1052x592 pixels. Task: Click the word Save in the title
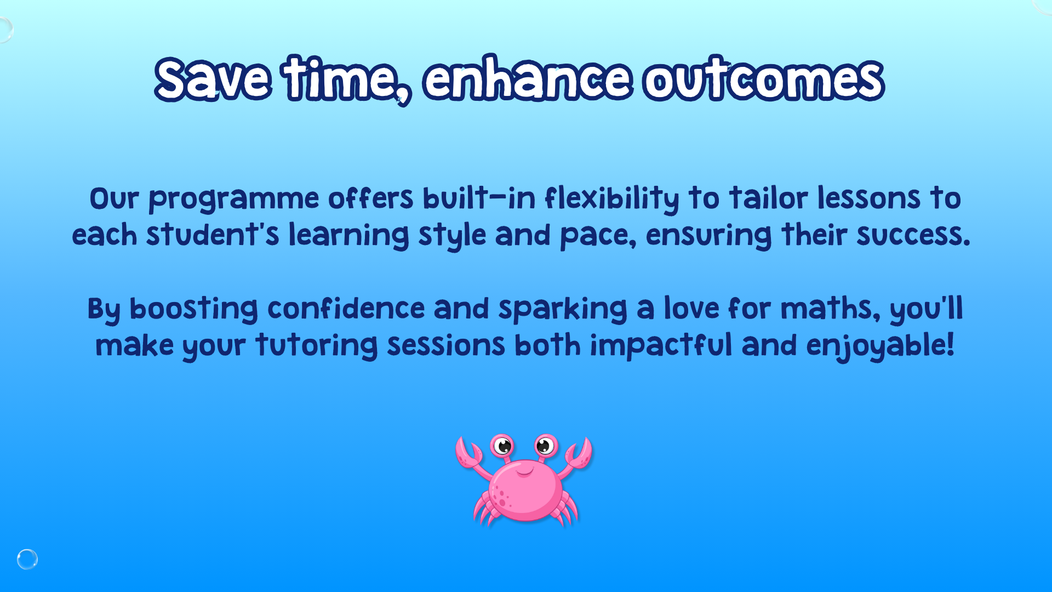click(213, 79)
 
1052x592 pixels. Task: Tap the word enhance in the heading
click(528, 79)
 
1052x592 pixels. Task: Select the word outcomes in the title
click(764, 79)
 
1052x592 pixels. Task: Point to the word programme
click(234, 200)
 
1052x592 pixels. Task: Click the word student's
click(213, 235)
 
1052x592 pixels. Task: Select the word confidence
click(346, 308)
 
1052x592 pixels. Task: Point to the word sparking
click(563, 309)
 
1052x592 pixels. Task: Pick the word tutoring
click(317, 346)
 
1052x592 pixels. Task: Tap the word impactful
click(661, 346)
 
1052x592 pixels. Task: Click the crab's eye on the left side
click(502, 445)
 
